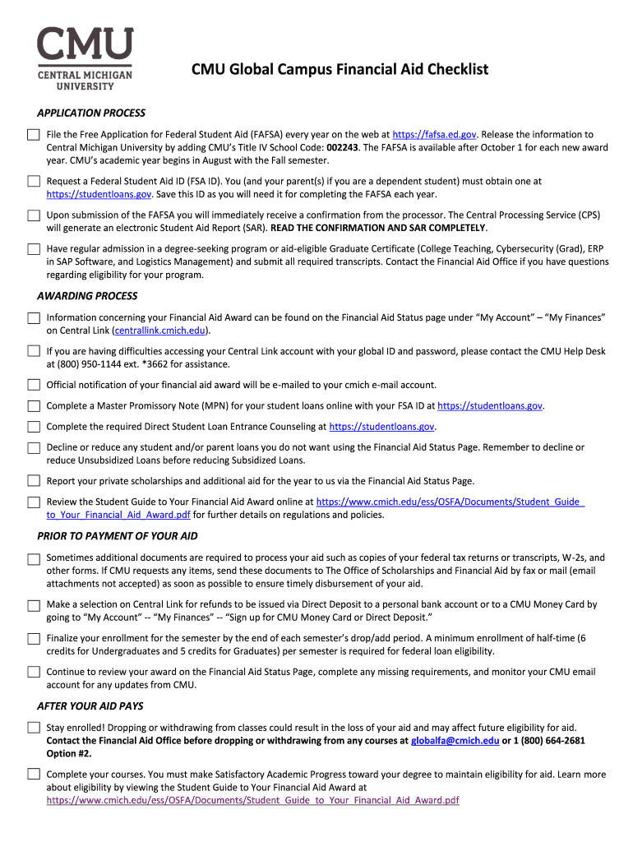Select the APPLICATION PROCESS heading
pyautogui.click(x=91, y=113)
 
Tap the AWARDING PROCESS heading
pyautogui.click(x=87, y=296)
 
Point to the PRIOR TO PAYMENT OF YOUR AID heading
pyautogui.click(x=118, y=536)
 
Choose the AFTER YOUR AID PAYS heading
pyautogui.click(x=90, y=706)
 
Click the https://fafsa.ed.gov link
pyautogui.click(x=434, y=134)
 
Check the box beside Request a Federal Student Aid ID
pyautogui.click(x=33, y=181)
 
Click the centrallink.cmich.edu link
pyautogui.click(x=161, y=331)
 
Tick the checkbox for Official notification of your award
pyautogui.click(x=33, y=385)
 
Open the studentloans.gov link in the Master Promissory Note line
pyautogui.click(x=490, y=405)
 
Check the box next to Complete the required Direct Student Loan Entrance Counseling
pyautogui.click(x=33, y=427)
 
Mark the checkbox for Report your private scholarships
pyautogui.click(x=33, y=481)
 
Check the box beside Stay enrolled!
pyautogui.click(x=33, y=728)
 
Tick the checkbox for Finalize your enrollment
pyautogui.click(x=33, y=638)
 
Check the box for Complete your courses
pyautogui.click(x=33, y=774)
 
